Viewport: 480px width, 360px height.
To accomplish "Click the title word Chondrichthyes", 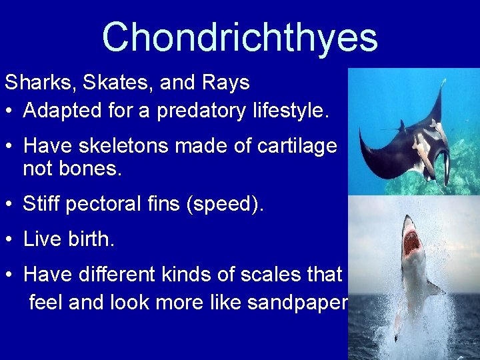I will point(239,37).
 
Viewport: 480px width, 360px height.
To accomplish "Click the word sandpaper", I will point(297,303).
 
